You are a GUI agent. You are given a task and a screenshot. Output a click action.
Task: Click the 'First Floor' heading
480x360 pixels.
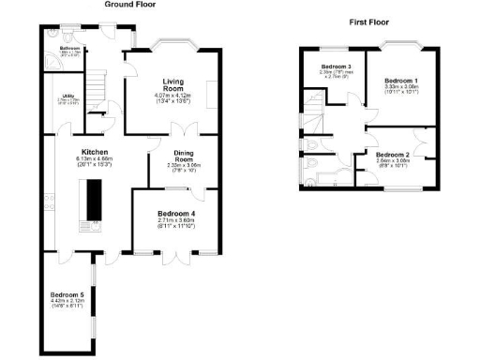[x=368, y=21]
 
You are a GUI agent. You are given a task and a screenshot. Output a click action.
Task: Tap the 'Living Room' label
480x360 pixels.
[x=172, y=84]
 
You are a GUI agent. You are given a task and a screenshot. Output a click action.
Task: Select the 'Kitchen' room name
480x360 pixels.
[x=95, y=152]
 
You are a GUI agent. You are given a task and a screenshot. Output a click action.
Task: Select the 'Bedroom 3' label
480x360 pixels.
[x=336, y=67]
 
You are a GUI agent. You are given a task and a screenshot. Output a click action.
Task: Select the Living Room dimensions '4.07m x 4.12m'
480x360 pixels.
[x=172, y=96]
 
